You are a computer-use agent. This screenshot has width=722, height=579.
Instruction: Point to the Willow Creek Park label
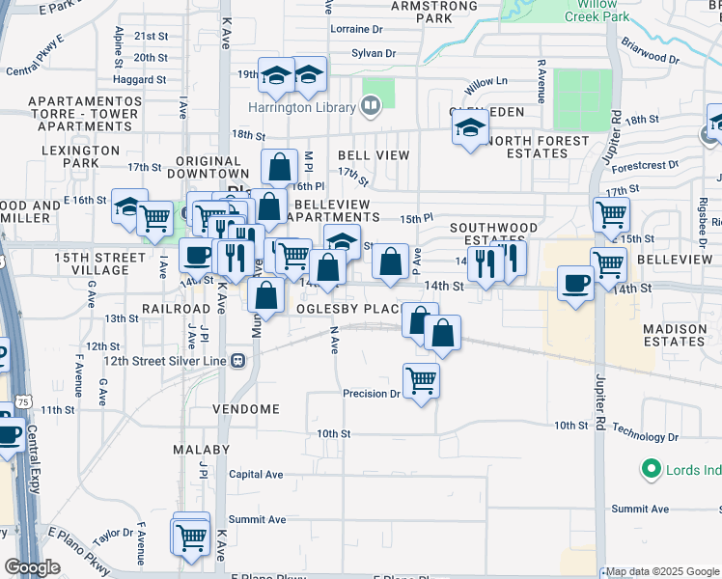(x=596, y=11)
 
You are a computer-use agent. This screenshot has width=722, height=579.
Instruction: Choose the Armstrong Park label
(x=434, y=12)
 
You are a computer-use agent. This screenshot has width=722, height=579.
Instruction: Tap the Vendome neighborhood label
(x=246, y=409)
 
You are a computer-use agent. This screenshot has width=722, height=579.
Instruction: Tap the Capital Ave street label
(x=256, y=475)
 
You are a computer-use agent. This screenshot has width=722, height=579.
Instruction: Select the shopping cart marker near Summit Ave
(x=191, y=537)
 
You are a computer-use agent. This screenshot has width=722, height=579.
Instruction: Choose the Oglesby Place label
(x=347, y=308)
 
